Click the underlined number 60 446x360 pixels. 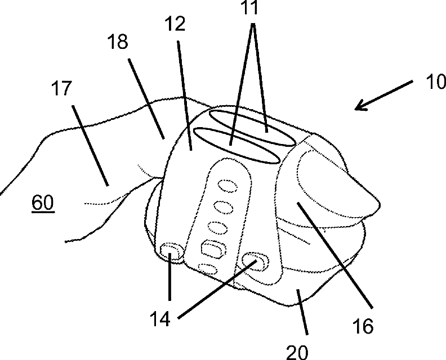(43, 203)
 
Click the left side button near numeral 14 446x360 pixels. (170, 251)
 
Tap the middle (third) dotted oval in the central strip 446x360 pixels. (217, 228)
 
